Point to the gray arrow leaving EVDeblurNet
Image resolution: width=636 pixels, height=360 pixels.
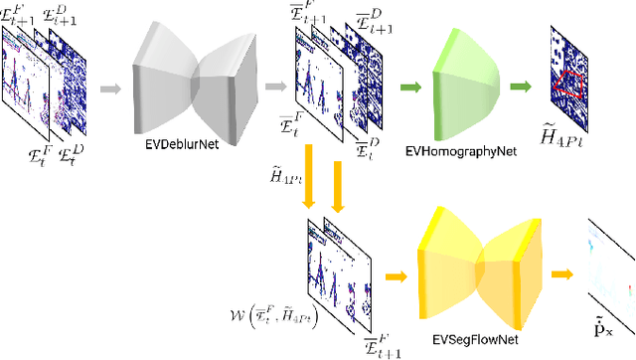(x=271, y=90)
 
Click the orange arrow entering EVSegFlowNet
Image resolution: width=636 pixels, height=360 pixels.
(x=397, y=275)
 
